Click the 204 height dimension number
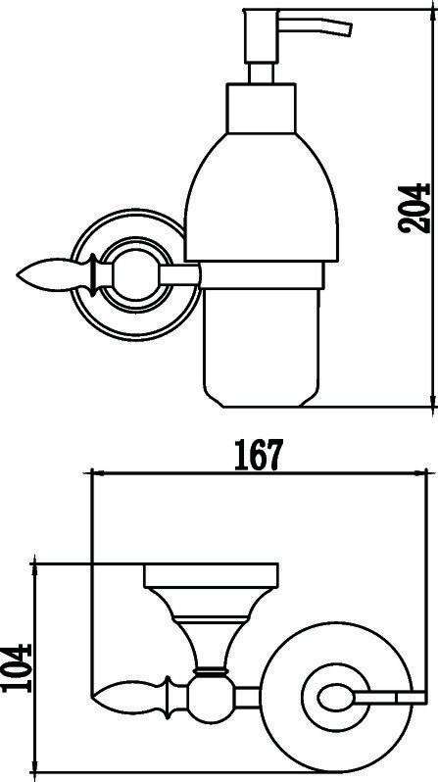tap(414, 209)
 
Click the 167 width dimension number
tap(259, 455)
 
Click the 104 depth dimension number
tap(17, 667)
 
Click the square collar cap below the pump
tap(261, 108)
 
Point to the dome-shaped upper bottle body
tap(262, 197)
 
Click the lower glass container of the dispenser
tap(261, 348)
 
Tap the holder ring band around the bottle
tap(262, 275)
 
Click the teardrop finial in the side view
tap(56, 275)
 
